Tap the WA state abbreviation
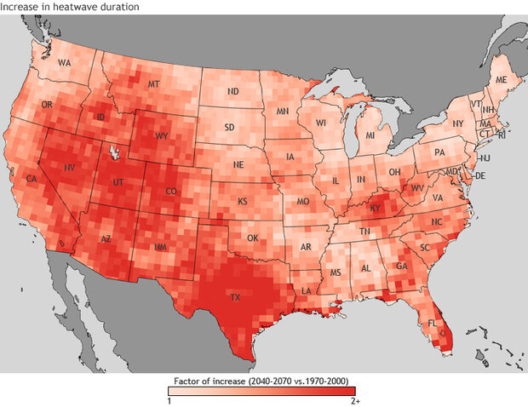pos(65,64)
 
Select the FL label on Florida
pos(432,324)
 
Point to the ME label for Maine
pos(501,79)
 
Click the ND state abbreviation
pos(232,91)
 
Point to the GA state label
pos(400,268)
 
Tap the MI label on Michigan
pos(370,135)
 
